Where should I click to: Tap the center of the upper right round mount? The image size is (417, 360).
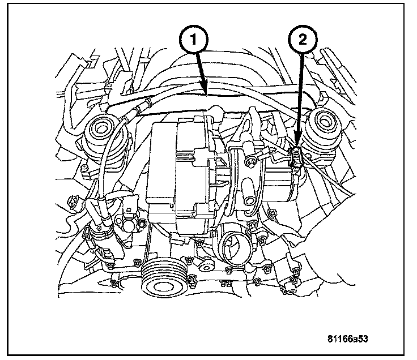coord(325,121)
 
